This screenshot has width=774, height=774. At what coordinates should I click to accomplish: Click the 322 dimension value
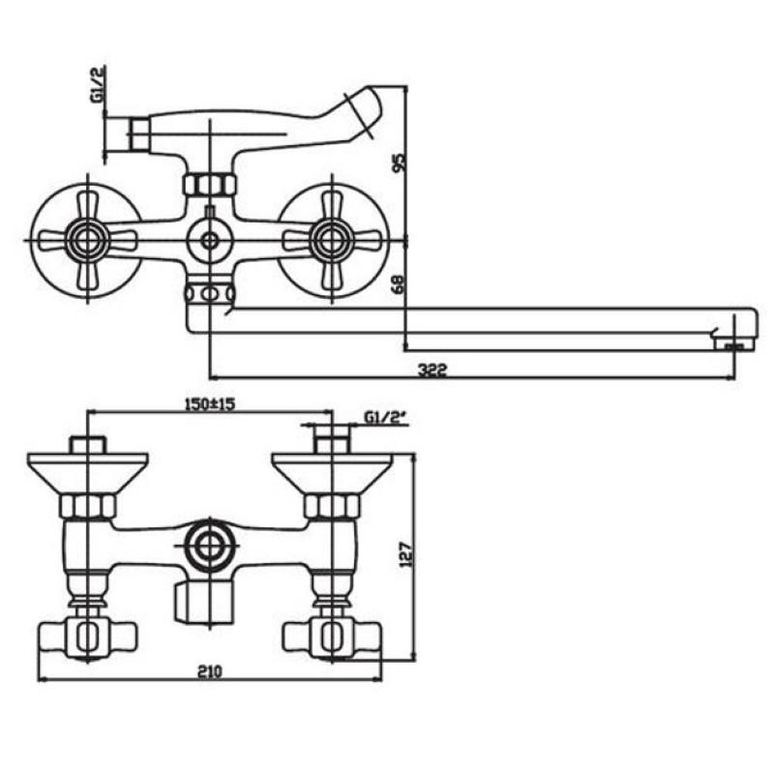coord(432,370)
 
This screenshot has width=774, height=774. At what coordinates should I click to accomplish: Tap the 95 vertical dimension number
coord(399,163)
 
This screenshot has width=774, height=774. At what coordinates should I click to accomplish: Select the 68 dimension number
coord(399,283)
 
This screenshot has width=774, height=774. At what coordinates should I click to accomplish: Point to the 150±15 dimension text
coord(209,403)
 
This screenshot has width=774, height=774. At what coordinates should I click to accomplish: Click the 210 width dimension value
coord(210,671)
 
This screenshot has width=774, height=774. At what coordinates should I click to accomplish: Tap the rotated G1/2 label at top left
coord(98,84)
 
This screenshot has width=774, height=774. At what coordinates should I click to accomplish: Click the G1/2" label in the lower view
coord(385,418)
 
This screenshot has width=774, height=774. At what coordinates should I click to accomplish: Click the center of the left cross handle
coord(87,240)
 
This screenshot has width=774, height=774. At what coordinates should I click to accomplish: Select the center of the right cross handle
coord(331,240)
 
